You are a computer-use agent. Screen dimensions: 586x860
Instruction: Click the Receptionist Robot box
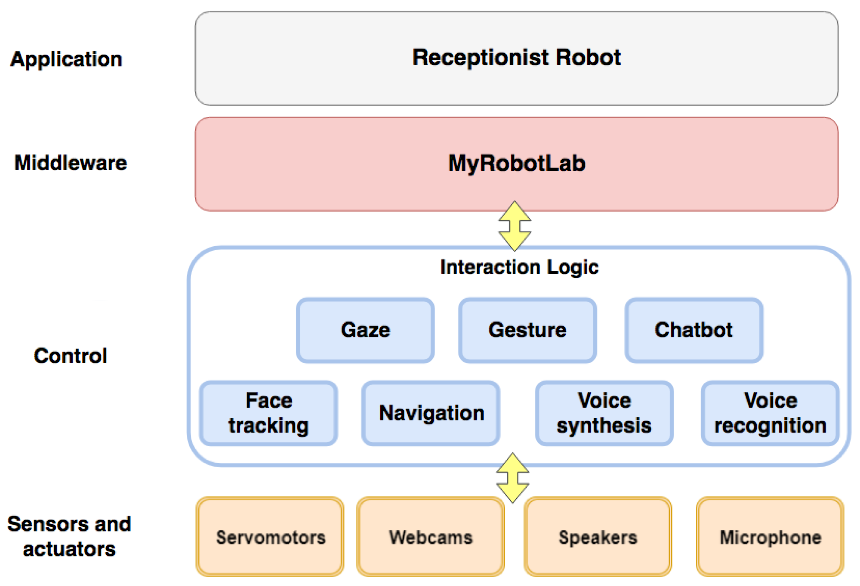(x=516, y=58)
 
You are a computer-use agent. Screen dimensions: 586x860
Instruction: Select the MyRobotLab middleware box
(x=516, y=164)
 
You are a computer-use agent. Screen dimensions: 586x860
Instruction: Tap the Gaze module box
(x=365, y=330)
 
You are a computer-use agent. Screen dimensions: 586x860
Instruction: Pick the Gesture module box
(x=527, y=330)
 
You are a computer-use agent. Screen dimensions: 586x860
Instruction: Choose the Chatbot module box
(x=694, y=330)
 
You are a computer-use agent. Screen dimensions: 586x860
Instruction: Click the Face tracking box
(x=268, y=413)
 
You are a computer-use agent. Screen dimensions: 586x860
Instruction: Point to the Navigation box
(x=431, y=413)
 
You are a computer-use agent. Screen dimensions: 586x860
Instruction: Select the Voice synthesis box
(x=604, y=413)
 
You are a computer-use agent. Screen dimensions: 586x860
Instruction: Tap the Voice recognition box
(x=770, y=413)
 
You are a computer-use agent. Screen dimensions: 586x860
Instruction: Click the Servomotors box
(x=270, y=537)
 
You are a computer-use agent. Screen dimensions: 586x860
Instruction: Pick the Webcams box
(x=431, y=537)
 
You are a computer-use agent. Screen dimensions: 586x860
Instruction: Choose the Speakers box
(x=597, y=537)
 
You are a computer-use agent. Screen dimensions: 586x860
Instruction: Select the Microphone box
(x=770, y=537)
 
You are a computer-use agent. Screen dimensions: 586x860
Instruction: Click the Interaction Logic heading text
(x=519, y=267)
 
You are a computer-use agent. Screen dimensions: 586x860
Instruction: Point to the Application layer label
(x=66, y=60)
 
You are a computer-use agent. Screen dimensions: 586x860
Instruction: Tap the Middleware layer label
(x=70, y=163)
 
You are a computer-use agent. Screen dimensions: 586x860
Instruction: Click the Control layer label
(x=70, y=356)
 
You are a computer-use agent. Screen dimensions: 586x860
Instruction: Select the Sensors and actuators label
(x=69, y=536)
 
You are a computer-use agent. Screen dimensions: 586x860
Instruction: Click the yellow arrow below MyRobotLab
(x=514, y=226)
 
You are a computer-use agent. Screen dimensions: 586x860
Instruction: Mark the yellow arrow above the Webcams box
(x=512, y=478)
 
